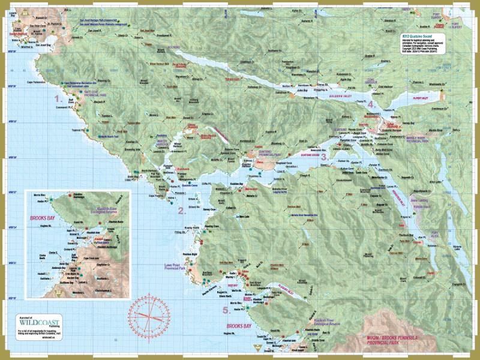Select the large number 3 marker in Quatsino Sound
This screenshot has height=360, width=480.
pyautogui.click(x=323, y=157)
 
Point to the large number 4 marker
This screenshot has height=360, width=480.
pyautogui.click(x=371, y=104)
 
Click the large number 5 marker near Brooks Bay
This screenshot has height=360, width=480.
pyautogui.click(x=226, y=310)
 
